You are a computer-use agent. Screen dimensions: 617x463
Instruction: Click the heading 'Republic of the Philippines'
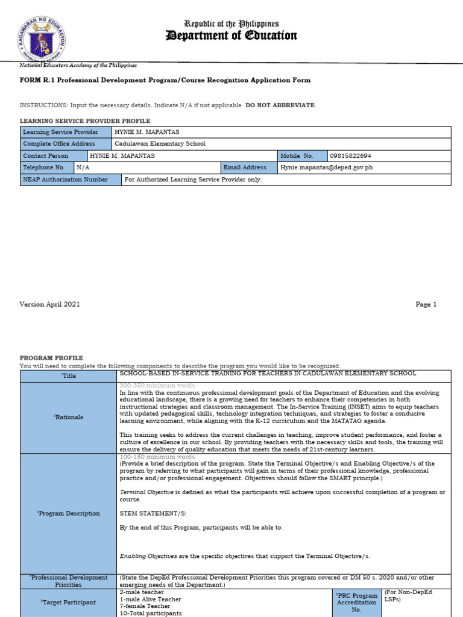coord(231,23)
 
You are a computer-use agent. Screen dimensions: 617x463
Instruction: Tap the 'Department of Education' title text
coord(231,36)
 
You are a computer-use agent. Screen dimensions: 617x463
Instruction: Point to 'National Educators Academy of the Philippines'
coord(78,65)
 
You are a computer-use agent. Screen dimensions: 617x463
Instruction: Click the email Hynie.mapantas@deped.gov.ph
coord(327,168)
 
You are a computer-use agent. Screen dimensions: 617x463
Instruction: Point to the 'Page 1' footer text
coord(426,304)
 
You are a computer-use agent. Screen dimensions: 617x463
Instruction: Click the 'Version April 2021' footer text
coord(50,304)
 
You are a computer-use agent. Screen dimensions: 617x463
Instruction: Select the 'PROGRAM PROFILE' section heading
coord(51,358)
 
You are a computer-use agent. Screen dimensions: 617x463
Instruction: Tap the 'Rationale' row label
coord(69,417)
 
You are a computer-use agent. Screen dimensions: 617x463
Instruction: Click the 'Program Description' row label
coord(69,513)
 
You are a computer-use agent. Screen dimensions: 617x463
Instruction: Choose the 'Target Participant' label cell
coord(69,602)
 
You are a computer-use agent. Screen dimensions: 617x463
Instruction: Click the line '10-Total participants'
coord(150,613)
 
